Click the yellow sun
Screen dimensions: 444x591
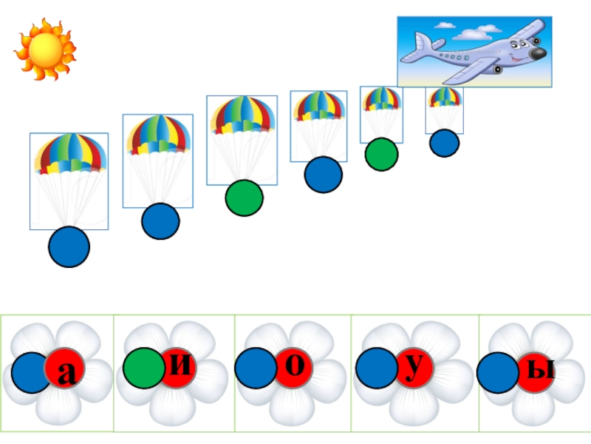click(44, 50)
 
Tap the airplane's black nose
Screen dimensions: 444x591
click(539, 54)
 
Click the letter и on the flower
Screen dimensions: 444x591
click(187, 366)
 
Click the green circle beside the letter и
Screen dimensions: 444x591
click(144, 368)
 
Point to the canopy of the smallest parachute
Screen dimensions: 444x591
click(445, 96)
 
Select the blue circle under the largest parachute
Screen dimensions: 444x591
click(69, 247)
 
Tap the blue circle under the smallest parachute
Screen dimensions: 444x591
click(445, 144)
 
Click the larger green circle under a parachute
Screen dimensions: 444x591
click(245, 198)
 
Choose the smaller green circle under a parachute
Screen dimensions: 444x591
click(381, 154)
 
